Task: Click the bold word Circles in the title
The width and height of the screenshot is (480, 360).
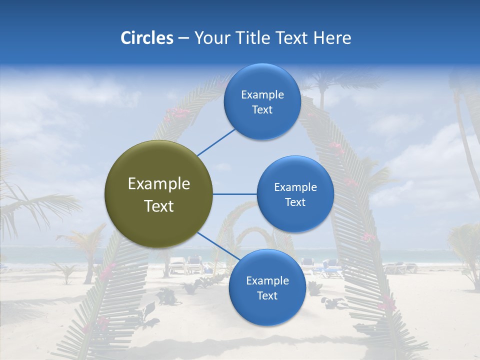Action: tap(147, 38)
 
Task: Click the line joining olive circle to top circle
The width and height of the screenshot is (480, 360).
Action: tap(216, 142)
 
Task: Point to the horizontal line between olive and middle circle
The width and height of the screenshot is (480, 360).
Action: tap(234, 194)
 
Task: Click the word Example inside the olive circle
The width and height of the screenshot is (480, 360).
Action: tap(159, 184)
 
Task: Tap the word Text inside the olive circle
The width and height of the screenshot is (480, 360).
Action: tap(159, 206)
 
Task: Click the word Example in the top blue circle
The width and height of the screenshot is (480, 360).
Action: tap(262, 94)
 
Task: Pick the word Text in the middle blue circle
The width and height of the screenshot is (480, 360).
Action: tap(295, 202)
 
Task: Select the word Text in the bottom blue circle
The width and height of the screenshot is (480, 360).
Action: tap(267, 295)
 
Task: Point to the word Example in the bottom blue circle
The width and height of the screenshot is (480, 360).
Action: tap(267, 280)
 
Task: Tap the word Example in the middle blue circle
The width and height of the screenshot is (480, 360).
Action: tap(295, 187)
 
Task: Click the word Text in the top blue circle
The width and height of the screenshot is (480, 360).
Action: tap(262, 109)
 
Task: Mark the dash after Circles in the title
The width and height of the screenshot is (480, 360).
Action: tap(183, 38)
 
